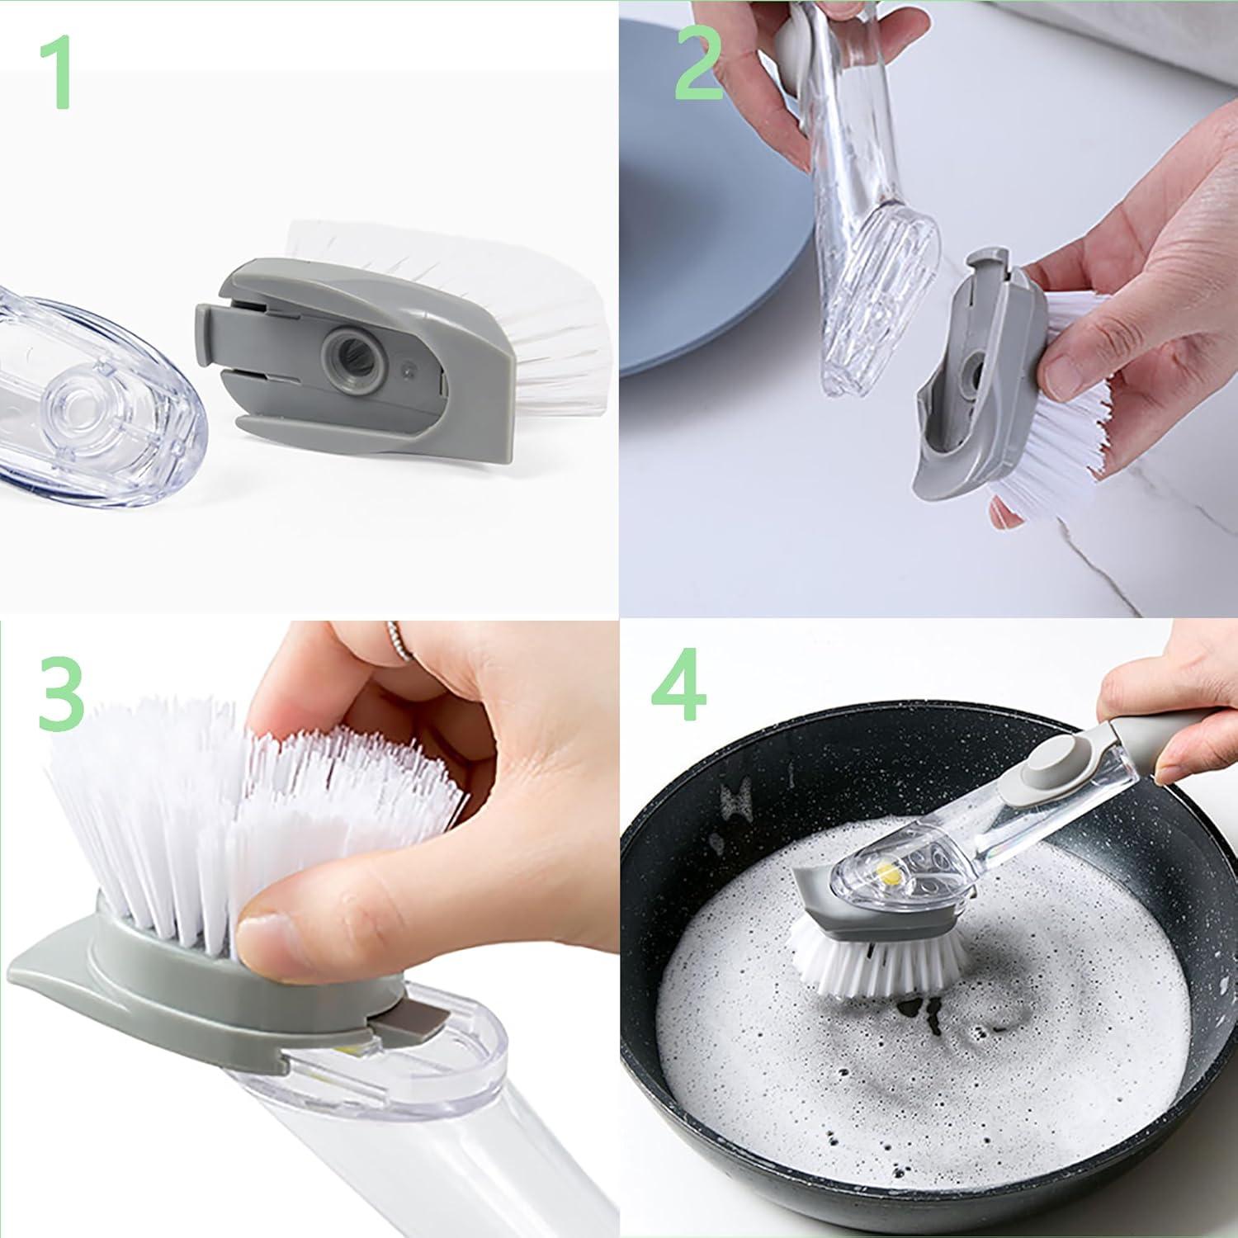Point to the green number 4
pyautogui.click(x=678, y=686)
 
